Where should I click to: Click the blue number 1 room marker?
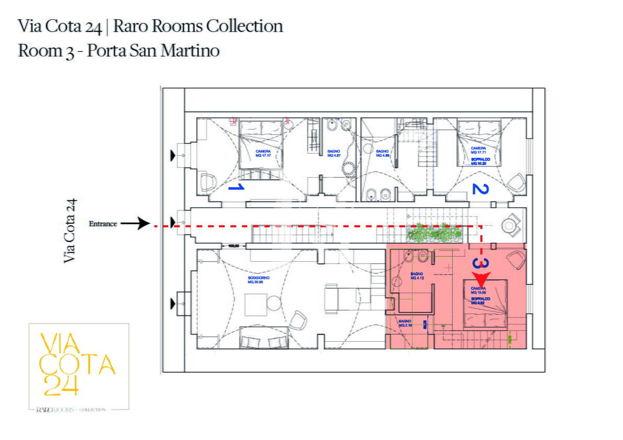[x=237, y=187]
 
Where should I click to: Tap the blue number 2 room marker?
[x=480, y=189]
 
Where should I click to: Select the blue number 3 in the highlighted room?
[x=481, y=263]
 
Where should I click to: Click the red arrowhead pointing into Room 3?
[x=481, y=279]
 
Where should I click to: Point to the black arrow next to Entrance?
[x=136, y=223]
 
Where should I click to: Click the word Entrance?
[x=103, y=224]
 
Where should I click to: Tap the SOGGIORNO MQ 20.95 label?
[x=258, y=280]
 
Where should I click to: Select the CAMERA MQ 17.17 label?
[x=263, y=153]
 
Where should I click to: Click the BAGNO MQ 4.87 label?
[x=334, y=153]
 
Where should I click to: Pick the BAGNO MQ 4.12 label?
[x=417, y=276]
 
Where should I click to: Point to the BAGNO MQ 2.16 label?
[x=405, y=323]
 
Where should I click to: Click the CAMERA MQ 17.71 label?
[x=479, y=150]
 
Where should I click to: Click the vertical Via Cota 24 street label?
[x=70, y=230]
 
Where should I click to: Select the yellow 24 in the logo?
[x=61, y=385]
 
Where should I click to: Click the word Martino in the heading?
[x=190, y=51]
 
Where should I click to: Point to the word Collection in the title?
[x=244, y=26]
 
